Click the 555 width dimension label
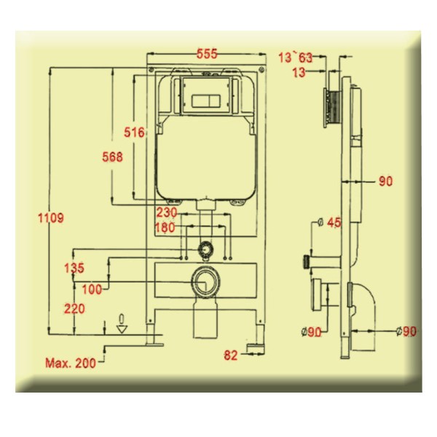pos(207,54)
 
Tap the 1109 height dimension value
pos(51,218)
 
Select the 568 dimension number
pos(112,157)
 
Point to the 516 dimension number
pos(134,132)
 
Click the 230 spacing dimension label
pos(166,213)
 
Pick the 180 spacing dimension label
pos(165,227)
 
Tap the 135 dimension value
pos(74,268)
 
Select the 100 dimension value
pos(92,290)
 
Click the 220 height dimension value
pos(74,309)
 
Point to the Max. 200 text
pos(71,363)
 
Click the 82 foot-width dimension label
pos(231,355)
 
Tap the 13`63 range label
pos(296,58)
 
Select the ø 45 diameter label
pos(329,222)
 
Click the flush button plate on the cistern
pos(206,101)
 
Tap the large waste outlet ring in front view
pos(205,282)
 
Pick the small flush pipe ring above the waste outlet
pos(205,249)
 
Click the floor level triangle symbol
pos(122,329)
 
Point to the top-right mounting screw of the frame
pos(261,70)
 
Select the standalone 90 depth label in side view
pos(386,181)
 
